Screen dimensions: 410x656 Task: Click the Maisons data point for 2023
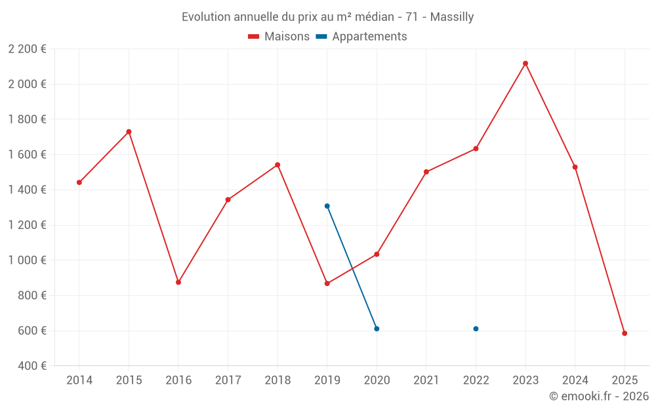[x=525, y=64]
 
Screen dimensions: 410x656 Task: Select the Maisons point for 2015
[x=129, y=132]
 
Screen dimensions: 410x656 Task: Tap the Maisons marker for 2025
[x=625, y=333]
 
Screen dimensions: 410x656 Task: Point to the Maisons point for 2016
[x=178, y=282]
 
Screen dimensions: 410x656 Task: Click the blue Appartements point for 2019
[x=327, y=206]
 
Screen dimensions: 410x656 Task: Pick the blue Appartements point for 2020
[x=377, y=329]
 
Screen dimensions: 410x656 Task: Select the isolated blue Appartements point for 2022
[x=476, y=329]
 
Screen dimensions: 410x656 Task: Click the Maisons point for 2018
[x=277, y=165]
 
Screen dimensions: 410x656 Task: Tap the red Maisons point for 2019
[x=327, y=283]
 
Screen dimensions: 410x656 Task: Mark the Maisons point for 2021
[x=426, y=172]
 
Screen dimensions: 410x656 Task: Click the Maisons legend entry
[x=279, y=37]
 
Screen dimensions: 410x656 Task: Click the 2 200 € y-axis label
[x=27, y=49]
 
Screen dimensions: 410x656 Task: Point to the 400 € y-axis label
[x=31, y=366]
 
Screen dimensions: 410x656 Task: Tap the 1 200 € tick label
[x=27, y=225]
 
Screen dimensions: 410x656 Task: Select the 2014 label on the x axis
[x=79, y=380]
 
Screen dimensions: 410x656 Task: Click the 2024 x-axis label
[x=575, y=380]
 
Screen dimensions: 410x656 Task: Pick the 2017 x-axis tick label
[x=228, y=380]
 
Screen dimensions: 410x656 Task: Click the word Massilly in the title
[x=452, y=17]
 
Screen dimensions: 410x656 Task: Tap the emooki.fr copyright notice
[x=598, y=396]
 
